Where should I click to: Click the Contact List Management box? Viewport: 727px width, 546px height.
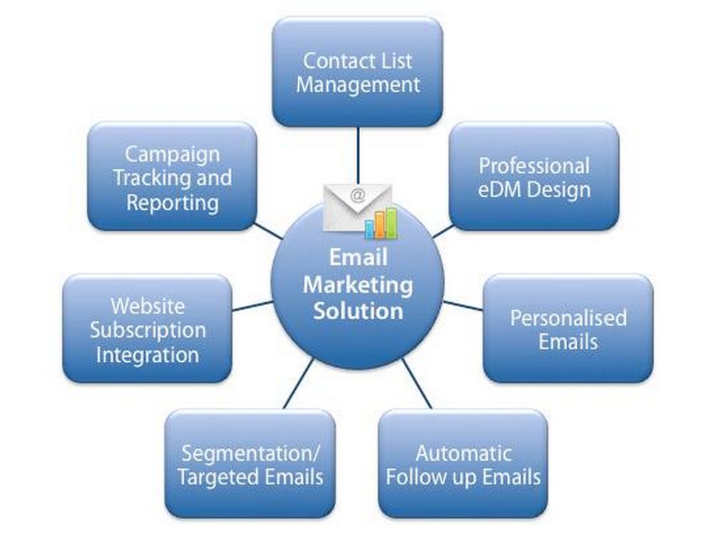(x=357, y=73)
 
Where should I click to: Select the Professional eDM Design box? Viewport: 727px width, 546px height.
(x=534, y=177)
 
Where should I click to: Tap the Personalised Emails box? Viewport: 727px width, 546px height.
(x=568, y=328)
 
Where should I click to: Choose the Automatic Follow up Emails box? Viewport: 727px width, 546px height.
(x=463, y=464)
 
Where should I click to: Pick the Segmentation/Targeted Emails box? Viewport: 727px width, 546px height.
(x=250, y=464)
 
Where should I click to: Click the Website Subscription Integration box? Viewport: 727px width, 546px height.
(x=147, y=329)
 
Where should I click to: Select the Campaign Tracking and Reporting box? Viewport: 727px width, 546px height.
(x=172, y=177)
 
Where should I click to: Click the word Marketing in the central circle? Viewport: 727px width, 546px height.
(x=358, y=285)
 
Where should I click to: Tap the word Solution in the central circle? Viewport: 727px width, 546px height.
(x=359, y=311)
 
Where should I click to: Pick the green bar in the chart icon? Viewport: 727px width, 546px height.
(x=390, y=221)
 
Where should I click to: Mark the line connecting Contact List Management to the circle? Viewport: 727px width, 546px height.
(x=358, y=153)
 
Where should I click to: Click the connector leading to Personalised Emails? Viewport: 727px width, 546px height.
(x=463, y=306)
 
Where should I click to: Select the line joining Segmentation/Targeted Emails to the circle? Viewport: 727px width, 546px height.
(x=299, y=384)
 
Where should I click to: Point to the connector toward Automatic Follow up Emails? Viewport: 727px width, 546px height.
(x=417, y=384)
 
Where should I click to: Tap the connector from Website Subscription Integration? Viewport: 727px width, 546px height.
(x=252, y=306)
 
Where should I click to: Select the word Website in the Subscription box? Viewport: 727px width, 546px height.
(x=147, y=306)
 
